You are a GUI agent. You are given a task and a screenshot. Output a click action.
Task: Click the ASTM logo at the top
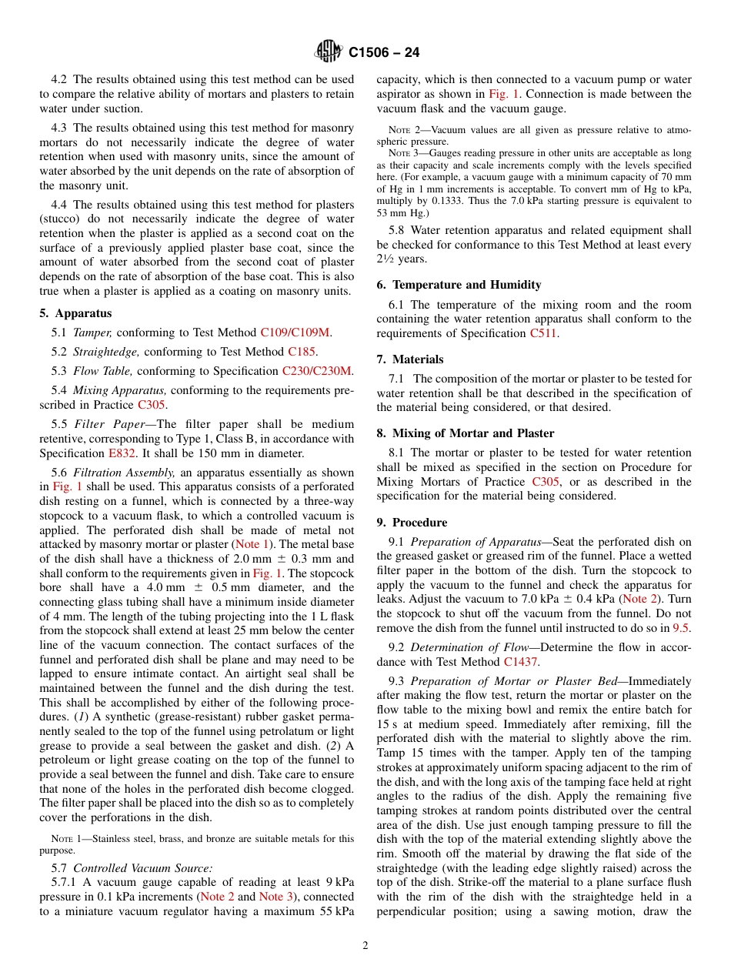pos(329,52)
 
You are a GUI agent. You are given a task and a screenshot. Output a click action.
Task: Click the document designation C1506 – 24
pos(384,53)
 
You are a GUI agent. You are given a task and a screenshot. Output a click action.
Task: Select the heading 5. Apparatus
pos(75,313)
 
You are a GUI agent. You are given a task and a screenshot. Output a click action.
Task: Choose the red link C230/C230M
pos(317,371)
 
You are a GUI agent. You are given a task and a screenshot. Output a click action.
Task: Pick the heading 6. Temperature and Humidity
pos(459,285)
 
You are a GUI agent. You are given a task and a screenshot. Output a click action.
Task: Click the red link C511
pos(542,333)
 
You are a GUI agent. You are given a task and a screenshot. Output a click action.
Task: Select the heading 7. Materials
pos(409,359)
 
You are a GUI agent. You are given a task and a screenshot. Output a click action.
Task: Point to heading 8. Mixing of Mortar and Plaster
pos(465,433)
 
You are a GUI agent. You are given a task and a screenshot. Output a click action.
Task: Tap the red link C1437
pos(521,661)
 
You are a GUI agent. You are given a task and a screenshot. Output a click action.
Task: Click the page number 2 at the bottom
pos(365,946)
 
